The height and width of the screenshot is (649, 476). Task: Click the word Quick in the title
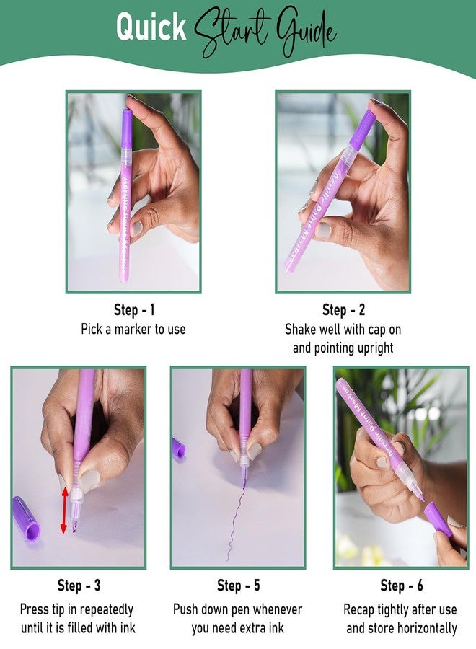pyautogui.click(x=151, y=27)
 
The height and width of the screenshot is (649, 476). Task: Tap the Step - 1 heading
pyautogui.click(x=134, y=309)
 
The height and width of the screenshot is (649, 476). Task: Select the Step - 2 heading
pyautogui.click(x=343, y=309)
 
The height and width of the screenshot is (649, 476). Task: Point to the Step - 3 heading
pyautogui.click(x=79, y=586)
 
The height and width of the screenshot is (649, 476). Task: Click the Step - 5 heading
pyautogui.click(x=239, y=586)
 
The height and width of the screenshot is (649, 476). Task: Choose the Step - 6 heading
pyautogui.click(x=402, y=586)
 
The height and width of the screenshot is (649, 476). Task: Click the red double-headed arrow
pyautogui.click(x=64, y=510)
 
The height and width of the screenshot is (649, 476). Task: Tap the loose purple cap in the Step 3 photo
pyautogui.click(x=26, y=518)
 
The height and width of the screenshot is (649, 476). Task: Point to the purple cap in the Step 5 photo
pyautogui.click(x=178, y=449)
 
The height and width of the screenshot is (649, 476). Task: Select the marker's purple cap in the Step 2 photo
pyautogui.click(x=363, y=126)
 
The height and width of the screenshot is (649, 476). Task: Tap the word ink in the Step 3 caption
pyautogui.click(x=128, y=628)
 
